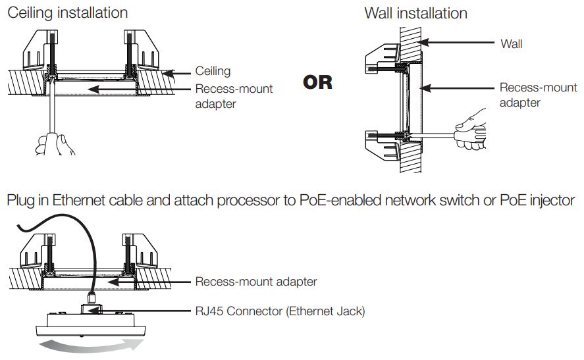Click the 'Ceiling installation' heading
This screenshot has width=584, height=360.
tap(67, 13)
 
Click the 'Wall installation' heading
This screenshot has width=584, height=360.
tap(415, 13)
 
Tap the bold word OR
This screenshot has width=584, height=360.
tap(317, 83)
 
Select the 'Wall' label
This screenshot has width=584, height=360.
tap(511, 43)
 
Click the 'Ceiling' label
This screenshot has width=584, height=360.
tap(213, 70)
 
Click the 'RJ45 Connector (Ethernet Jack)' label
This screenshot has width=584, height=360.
tap(279, 311)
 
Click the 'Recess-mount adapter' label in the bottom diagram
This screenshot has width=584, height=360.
tap(255, 282)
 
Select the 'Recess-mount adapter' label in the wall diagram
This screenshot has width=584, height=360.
tap(529, 95)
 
